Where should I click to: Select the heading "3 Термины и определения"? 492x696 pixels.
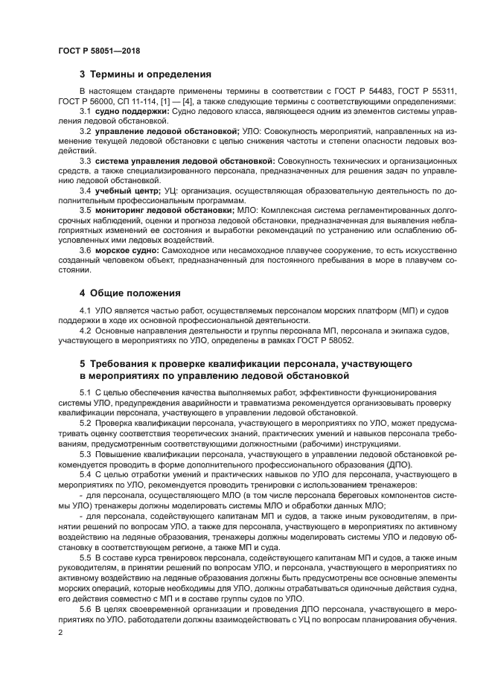[x=145, y=74]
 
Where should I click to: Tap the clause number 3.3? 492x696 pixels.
[x=86, y=160]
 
